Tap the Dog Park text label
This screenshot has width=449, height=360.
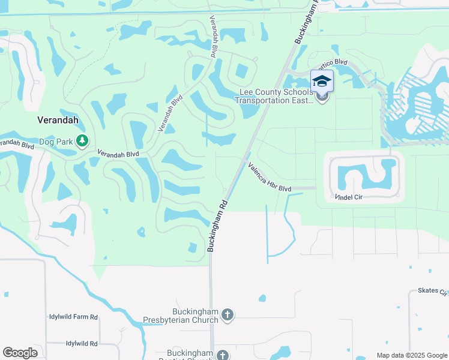pos(56,142)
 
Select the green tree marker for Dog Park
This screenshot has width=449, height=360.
pos(82,142)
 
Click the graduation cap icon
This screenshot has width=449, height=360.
pos(322,81)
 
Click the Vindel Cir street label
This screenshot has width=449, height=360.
pos(351,197)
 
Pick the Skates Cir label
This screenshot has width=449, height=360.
pos(432,292)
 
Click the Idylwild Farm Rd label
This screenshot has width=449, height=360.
pos(73,316)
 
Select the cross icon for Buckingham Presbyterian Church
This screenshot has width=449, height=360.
pos(227,314)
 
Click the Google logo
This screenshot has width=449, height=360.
pos(20,353)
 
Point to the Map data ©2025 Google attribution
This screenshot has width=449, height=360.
pos(411,355)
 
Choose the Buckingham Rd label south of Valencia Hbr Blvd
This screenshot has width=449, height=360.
pos(217,225)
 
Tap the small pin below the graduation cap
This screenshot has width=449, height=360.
pos(322,98)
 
